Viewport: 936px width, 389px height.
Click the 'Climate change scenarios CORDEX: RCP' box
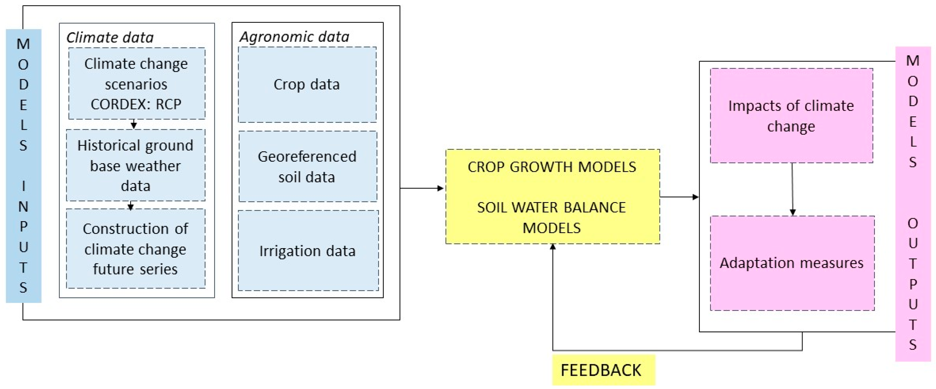tap(137, 84)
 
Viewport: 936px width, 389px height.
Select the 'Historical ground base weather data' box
tap(136, 165)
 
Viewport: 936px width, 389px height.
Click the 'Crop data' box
tap(307, 84)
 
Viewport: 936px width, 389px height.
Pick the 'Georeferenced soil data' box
tap(307, 166)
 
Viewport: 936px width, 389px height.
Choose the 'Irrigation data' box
tap(308, 251)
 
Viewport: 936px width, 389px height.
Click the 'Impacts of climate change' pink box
tap(791, 116)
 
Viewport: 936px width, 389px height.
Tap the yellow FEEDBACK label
tap(603, 370)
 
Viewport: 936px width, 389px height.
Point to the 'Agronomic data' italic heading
tap(294, 37)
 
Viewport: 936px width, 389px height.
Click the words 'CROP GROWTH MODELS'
tap(552, 167)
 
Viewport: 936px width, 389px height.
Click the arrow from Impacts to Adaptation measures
tap(793, 189)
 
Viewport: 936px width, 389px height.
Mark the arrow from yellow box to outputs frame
tap(679, 197)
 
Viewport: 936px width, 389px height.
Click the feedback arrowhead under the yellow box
tap(553, 247)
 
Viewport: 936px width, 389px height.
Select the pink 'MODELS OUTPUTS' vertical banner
tap(913, 204)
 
